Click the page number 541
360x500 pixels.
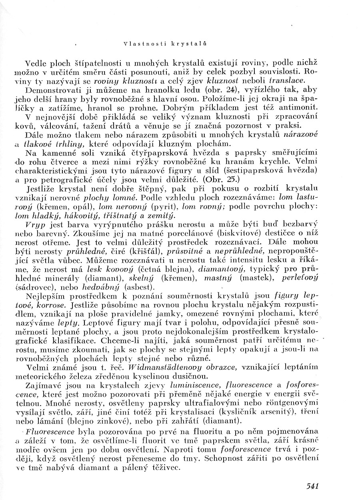312,486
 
